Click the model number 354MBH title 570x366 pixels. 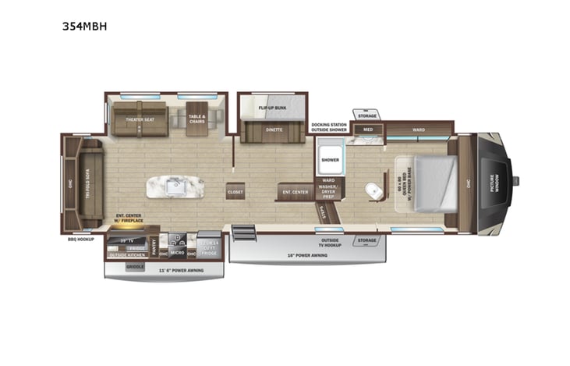(84, 26)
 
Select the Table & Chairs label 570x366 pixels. (197, 119)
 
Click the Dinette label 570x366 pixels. (273, 129)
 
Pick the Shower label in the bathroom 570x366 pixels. (330, 158)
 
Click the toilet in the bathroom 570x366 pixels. (372, 190)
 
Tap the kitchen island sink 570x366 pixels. (177, 187)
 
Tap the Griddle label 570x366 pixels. (135, 265)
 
